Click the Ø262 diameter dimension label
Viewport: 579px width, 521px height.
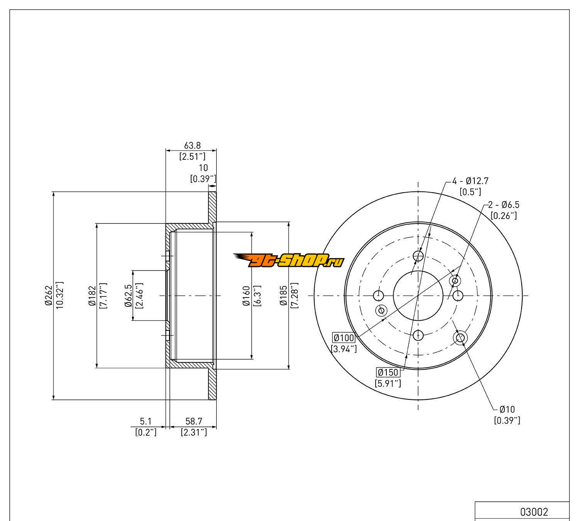(49, 295)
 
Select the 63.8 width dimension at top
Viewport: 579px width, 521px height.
(192, 145)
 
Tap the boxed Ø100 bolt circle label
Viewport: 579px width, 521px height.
(344, 338)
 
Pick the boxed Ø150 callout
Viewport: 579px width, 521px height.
(388, 372)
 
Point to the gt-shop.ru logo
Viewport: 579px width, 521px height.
(289, 260)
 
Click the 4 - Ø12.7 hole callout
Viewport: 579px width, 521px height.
(470, 181)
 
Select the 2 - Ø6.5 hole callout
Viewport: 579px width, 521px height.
(504, 205)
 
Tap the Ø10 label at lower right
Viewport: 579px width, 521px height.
(507, 409)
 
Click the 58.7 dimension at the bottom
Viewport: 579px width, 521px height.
(194, 421)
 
